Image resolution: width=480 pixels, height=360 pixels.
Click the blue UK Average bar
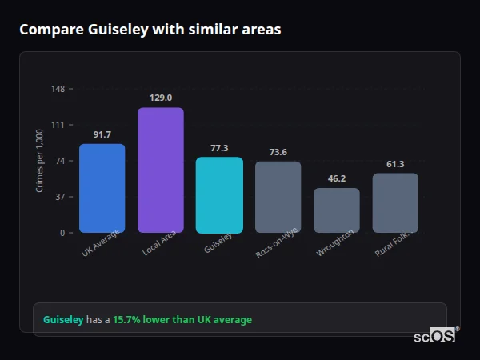[x=102, y=188]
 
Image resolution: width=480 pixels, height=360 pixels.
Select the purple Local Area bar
[x=161, y=170]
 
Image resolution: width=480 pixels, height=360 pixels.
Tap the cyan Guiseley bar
[x=219, y=194]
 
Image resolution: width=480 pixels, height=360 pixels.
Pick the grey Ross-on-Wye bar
[x=278, y=197]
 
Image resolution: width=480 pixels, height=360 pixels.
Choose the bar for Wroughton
[x=336, y=210]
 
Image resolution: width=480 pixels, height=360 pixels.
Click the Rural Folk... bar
[x=395, y=202]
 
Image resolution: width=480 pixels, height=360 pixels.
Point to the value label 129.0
[x=161, y=98]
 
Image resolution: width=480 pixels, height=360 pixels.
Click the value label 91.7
[x=102, y=134]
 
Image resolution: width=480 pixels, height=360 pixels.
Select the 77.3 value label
[x=219, y=148]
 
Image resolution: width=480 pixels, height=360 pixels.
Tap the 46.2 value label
[x=336, y=178]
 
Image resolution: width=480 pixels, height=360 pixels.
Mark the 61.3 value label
[x=395, y=164]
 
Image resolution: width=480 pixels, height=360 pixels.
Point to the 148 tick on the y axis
[x=58, y=89]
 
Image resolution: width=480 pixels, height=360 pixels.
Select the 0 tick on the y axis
[x=62, y=233]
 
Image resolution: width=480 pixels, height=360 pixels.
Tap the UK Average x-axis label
[x=101, y=244]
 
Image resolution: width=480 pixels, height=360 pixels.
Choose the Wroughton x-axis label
[x=334, y=243]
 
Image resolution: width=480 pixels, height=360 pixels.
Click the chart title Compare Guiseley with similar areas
[x=150, y=30]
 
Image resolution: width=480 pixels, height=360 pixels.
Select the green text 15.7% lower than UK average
[x=182, y=320]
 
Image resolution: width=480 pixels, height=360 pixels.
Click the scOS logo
[x=435, y=336]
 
